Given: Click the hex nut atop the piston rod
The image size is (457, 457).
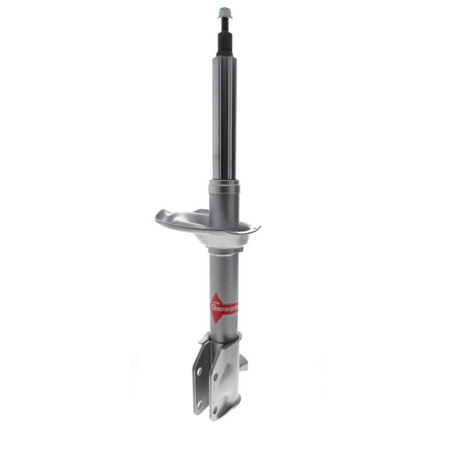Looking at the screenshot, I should coord(224,11).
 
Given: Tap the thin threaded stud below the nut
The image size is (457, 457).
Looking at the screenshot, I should coord(224,24).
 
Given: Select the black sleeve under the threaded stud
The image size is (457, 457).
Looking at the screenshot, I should coord(224,43).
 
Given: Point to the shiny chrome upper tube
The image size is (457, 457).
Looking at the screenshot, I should coord(225,114).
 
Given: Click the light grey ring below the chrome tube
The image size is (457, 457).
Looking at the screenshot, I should coord(225,186).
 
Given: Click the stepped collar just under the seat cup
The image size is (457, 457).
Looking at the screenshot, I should coord(225,251).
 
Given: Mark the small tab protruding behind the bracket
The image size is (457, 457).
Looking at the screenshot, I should coord(244,363).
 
